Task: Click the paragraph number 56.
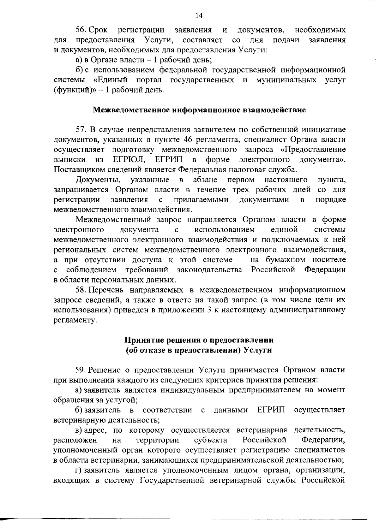pos(80,30)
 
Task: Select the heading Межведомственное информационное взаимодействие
pos(199,110)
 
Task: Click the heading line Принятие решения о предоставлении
pos(199,340)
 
